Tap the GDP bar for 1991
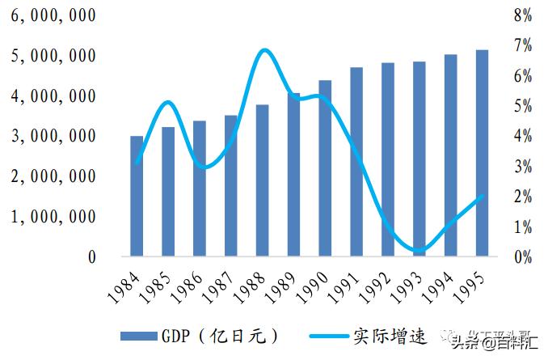tap(356, 162)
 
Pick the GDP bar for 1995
tap(482, 154)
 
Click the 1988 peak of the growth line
tap(263, 50)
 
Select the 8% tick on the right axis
tap(521, 16)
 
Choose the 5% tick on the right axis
tap(521, 107)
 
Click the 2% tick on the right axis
tap(521, 197)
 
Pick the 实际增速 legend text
tap(381, 335)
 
